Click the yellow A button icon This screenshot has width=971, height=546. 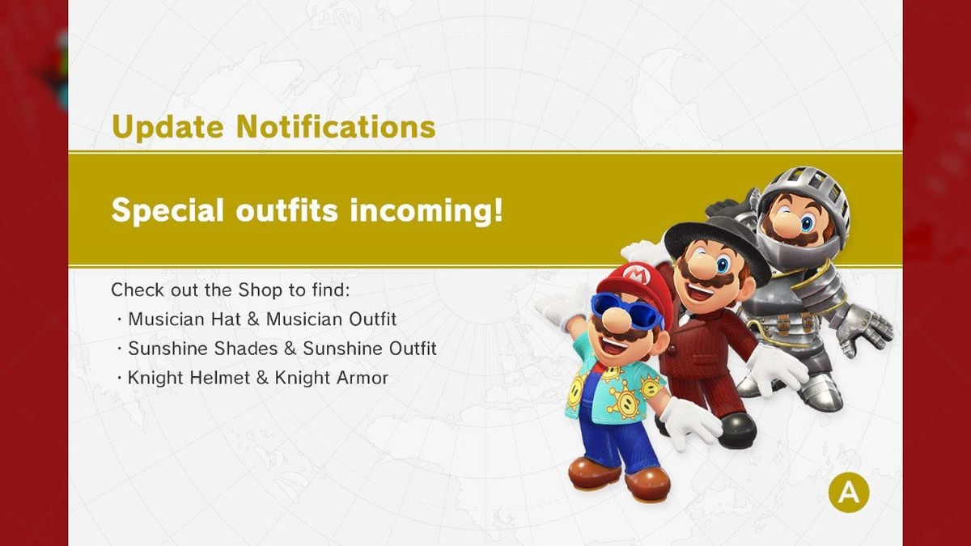click(x=848, y=491)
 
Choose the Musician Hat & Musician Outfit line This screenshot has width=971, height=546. click(x=262, y=319)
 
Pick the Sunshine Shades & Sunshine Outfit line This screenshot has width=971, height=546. click(x=282, y=349)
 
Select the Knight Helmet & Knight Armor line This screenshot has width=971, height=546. click(x=257, y=378)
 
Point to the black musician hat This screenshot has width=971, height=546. click(x=716, y=235)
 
